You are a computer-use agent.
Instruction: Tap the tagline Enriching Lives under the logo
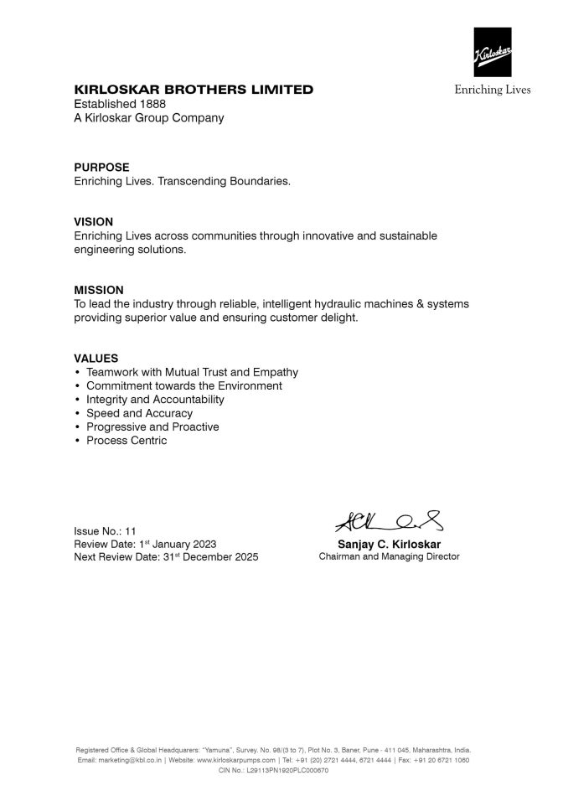click(493, 90)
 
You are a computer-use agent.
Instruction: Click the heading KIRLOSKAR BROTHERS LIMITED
click(194, 90)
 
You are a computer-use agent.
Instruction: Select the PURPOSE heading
click(101, 168)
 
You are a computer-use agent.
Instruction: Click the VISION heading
click(93, 222)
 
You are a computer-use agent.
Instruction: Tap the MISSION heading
click(99, 290)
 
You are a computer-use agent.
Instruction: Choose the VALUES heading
click(96, 358)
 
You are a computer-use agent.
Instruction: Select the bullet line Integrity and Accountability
click(155, 400)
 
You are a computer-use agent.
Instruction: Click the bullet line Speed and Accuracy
click(139, 413)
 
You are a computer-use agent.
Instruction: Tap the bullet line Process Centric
click(127, 441)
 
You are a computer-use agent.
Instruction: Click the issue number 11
click(130, 530)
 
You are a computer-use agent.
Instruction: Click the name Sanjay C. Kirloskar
click(389, 544)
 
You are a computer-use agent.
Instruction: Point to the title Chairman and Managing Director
click(389, 556)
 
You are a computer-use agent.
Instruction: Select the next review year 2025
click(245, 557)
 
